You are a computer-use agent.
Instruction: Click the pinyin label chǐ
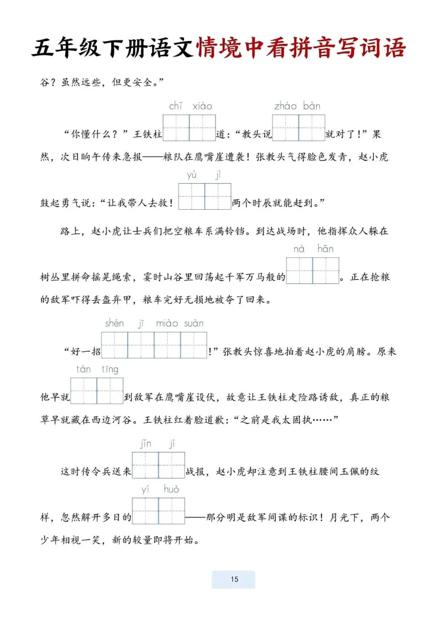tap(176, 106)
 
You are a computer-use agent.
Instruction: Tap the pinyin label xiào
tap(202, 106)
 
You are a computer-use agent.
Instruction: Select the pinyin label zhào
tap(285, 106)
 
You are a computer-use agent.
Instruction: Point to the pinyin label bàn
tap(312, 106)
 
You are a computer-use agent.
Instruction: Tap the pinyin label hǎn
tap(326, 249)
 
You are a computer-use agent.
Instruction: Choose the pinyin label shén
tap(115, 323)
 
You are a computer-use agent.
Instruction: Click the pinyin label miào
tap(167, 323)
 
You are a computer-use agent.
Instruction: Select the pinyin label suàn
tap(194, 323)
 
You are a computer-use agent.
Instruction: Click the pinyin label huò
tap(171, 489)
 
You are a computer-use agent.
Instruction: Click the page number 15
tap(234, 579)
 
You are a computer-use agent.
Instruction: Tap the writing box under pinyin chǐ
tap(176, 128)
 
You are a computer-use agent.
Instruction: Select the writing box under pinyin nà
tap(299, 270)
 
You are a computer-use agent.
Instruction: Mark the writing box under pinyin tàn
tap(84, 391)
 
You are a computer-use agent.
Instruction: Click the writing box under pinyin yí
tap(145, 511)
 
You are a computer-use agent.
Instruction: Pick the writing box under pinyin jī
tap(141, 345)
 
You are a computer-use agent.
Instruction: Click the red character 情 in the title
tap(208, 47)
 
